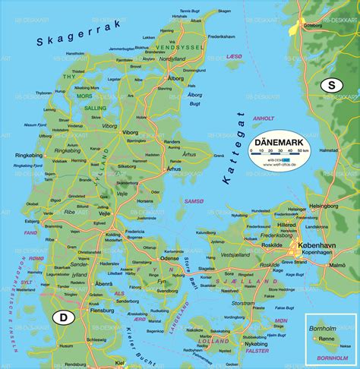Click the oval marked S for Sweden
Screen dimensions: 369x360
pyautogui.click(x=331, y=86)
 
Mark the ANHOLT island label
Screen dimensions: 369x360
pyautogui.click(x=263, y=118)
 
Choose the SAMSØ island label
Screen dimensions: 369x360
pyautogui.click(x=194, y=200)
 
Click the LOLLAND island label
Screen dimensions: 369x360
pyautogui.click(x=209, y=342)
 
